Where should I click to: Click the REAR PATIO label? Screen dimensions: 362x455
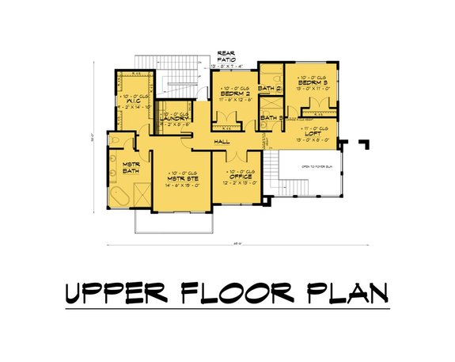point(226,56)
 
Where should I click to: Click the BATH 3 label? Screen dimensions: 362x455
point(270,119)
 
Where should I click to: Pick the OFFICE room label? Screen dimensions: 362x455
point(240,177)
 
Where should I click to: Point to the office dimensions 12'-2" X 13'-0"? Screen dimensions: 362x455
point(240,183)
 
